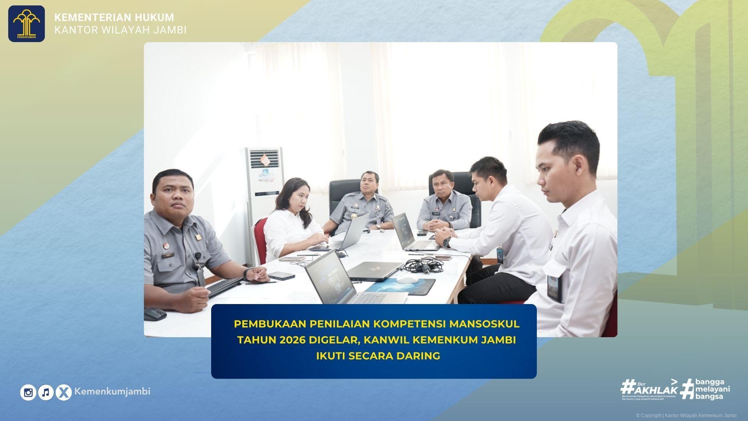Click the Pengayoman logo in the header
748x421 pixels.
click(26, 24)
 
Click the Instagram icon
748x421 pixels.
click(28, 392)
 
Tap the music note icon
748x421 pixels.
click(46, 392)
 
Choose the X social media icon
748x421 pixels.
click(64, 392)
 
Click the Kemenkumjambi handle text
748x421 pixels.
click(112, 391)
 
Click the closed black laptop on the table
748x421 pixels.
click(375, 270)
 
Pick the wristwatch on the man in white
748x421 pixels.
click(447, 242)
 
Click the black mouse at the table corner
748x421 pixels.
click(155, 314)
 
